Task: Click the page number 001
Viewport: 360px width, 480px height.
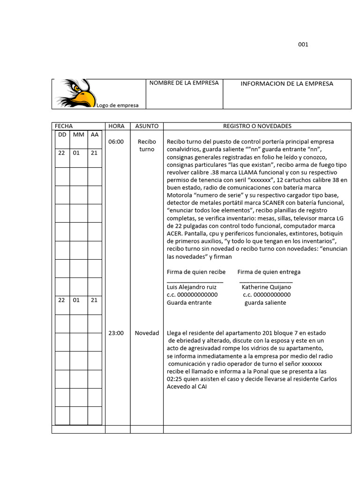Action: pyautogui.click(x=303, y=45)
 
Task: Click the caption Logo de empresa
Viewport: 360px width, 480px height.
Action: pyautogui.click(x=118, y=105)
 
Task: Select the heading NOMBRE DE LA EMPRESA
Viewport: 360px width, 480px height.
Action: pyautogui.click(x=184, y=83)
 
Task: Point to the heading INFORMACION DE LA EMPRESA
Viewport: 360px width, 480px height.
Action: pyautogui.click(x=287, y=84)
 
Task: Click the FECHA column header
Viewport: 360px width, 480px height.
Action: pyautogui.click(x=64, y=126)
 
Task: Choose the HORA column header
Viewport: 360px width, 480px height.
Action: pyautogui.click(x=116, y=126)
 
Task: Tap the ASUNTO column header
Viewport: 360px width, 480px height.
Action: pyautogui.click(x=147, y=126)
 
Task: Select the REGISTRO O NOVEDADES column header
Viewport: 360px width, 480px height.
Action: pyautogui.click(x=257, y=126)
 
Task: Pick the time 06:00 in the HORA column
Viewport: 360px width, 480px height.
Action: pyautogui.click(x=116, y=142)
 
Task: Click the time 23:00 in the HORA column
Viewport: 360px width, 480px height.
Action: pyautogui.click(x=116, y=333)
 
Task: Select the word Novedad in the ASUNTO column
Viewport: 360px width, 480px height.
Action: pyautogui.click(x=147, y=333)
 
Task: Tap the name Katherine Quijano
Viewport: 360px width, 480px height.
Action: pyautogui.click(x=266, y=287)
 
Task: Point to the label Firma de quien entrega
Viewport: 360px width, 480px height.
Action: pyautogui.click(x=269, y=272)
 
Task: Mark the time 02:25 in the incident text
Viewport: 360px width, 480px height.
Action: pyautogui.click(x=175, y=379)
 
